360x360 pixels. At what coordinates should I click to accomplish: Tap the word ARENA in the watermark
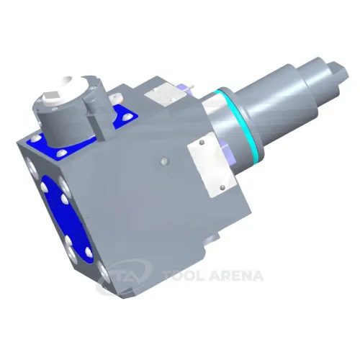(x=236, y=275)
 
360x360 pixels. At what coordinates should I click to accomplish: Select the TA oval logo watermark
(x=125, y=276)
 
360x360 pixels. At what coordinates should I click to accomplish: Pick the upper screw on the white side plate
(x=202, y=143)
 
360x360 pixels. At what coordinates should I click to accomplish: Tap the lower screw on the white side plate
(x=222, y=187)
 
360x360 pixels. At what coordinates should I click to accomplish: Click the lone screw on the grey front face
(x=163, y=162)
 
